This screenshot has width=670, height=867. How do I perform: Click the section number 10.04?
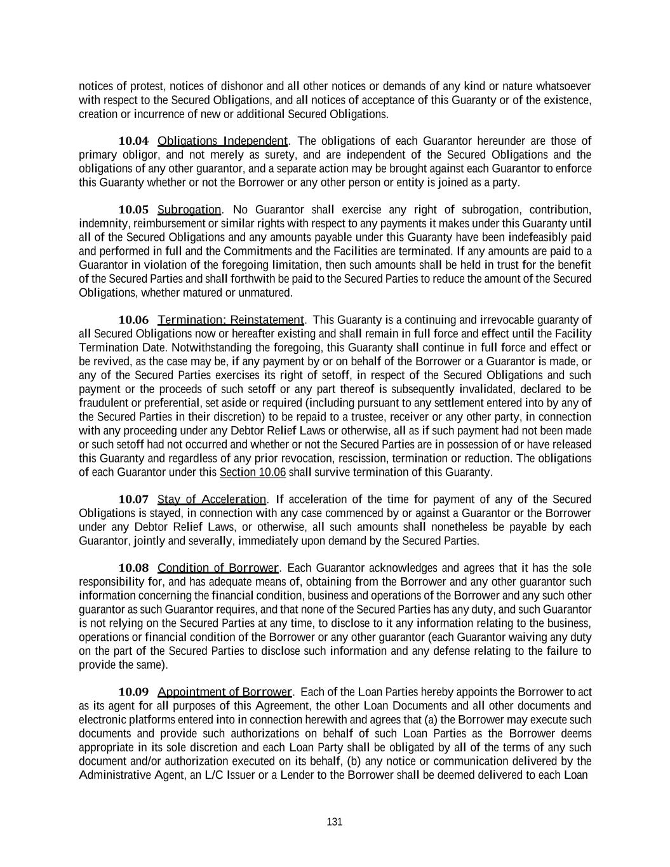tap(133, 141)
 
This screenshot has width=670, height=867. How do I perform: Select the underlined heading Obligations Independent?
tap(222, 141)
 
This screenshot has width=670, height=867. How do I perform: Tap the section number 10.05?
tap(133, 210)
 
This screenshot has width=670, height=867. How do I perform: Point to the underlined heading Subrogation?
tap(189, 210)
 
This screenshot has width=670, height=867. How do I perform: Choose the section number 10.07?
tap(133, 499)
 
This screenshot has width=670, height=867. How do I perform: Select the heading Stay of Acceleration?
tap(212, 499)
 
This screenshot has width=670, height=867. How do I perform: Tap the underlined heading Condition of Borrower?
tap(218, 568)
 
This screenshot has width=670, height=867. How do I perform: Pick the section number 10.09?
tap(133, 692)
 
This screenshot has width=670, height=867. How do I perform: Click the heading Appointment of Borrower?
tap(224, 692)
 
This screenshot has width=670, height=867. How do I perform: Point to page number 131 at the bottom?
tap(335, 822)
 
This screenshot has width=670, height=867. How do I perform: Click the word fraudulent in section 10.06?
tap(102, 403)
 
